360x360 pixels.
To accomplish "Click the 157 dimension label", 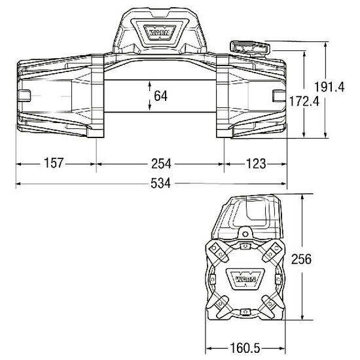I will pos(56,163).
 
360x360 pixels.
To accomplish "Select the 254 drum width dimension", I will pos(160,163).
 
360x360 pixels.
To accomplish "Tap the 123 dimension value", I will pos(256,163).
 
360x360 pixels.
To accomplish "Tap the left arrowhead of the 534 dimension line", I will pos(18,184).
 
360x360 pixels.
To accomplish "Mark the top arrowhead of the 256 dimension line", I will pos(302,196).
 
